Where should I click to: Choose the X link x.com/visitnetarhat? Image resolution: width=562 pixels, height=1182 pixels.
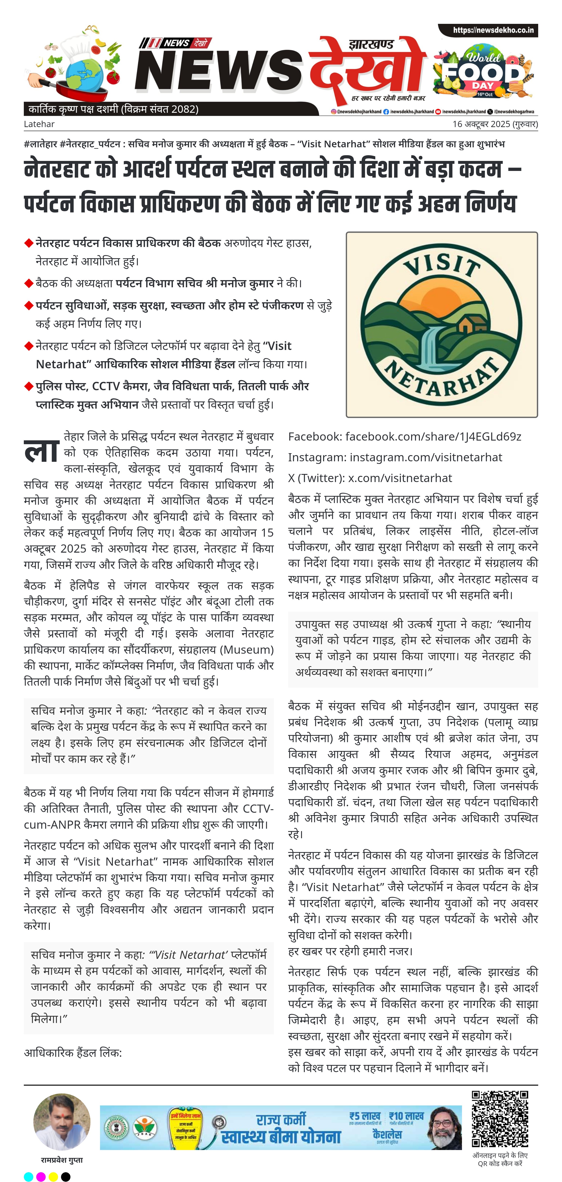point(400,478)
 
